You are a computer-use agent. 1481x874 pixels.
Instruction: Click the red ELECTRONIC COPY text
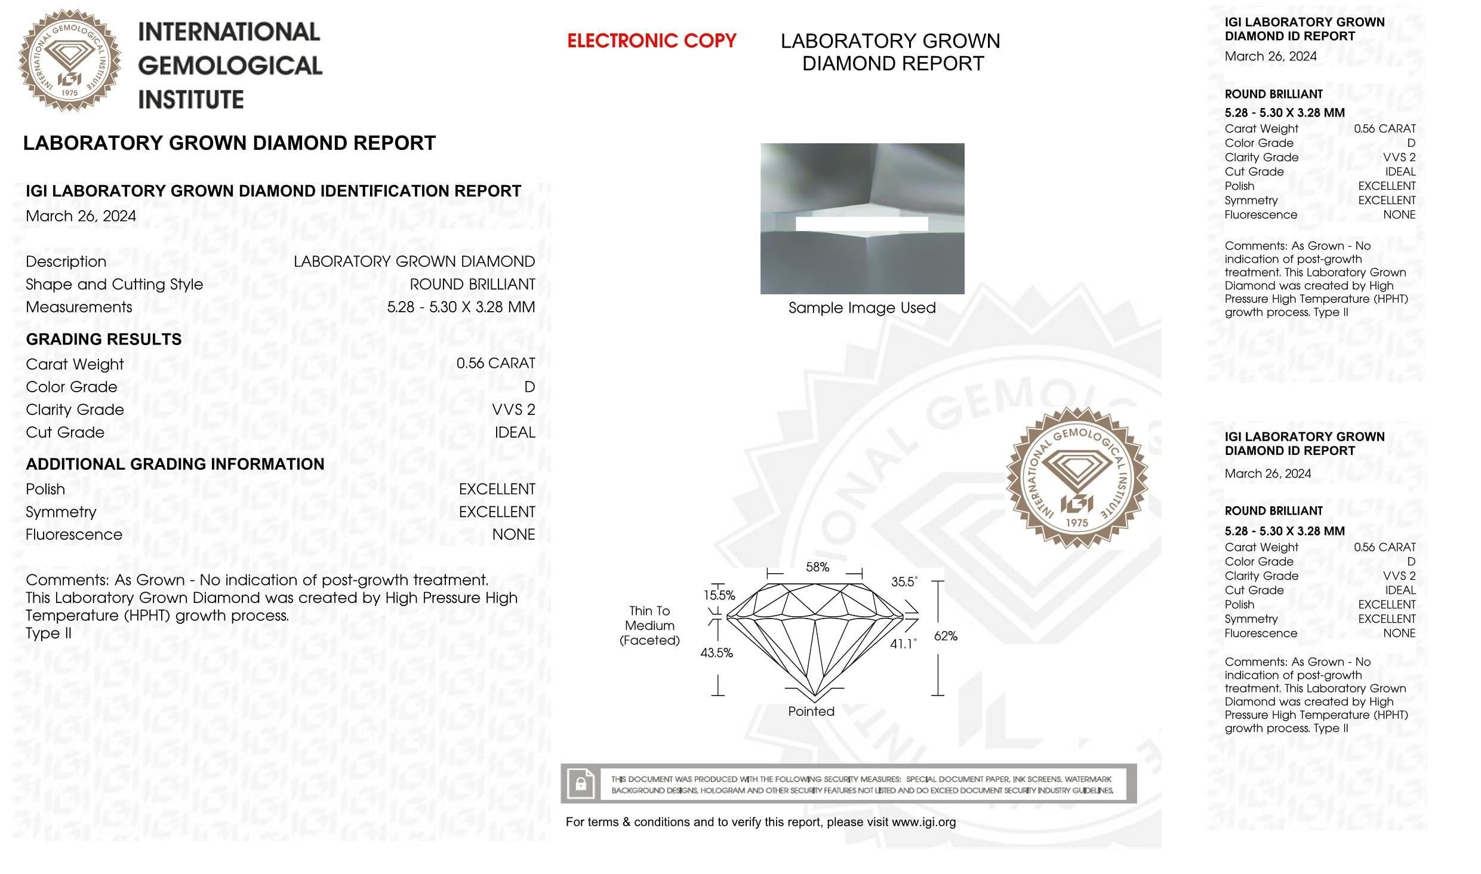click(x=651, y=41)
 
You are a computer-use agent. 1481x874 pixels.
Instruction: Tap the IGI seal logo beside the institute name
click(x=70, y=60)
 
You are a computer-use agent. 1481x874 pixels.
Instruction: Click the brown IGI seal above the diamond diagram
click(x=1076, y=478)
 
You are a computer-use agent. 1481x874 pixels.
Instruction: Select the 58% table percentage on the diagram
click(x=817, y=567)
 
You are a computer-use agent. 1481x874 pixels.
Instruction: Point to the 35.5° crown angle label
click(x=904, y=581)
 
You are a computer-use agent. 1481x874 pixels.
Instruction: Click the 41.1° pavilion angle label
click(x=903, y=644)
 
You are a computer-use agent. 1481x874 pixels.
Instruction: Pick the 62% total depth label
click(x=946, y=636)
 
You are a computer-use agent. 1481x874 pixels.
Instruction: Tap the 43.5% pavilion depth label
click(x=716, y=653)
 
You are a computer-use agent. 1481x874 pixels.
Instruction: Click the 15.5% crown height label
click(x=719, y=595)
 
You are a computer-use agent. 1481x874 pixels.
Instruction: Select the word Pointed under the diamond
click(x=811, y=711)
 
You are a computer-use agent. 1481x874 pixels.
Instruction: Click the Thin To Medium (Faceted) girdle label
click(x=649, y=626)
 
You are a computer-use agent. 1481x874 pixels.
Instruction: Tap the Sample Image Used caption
click(x=861, y=308)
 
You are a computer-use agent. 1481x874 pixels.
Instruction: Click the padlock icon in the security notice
click(x=580, y=783)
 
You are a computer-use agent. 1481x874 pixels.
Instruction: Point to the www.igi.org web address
click(x=923, y=822)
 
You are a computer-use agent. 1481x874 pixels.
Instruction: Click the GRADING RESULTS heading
click(x=104, y=339)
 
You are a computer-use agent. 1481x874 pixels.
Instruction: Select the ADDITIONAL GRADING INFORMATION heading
click(x=175, y=464)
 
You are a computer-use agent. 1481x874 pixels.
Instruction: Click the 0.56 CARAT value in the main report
click(x=495, y=364)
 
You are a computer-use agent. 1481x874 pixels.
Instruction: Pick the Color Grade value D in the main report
click(x=529, y=387)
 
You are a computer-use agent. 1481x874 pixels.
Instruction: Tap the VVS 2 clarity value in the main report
click(x=513, y=410)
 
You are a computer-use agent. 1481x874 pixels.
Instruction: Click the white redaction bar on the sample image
click(x=861, y=224)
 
